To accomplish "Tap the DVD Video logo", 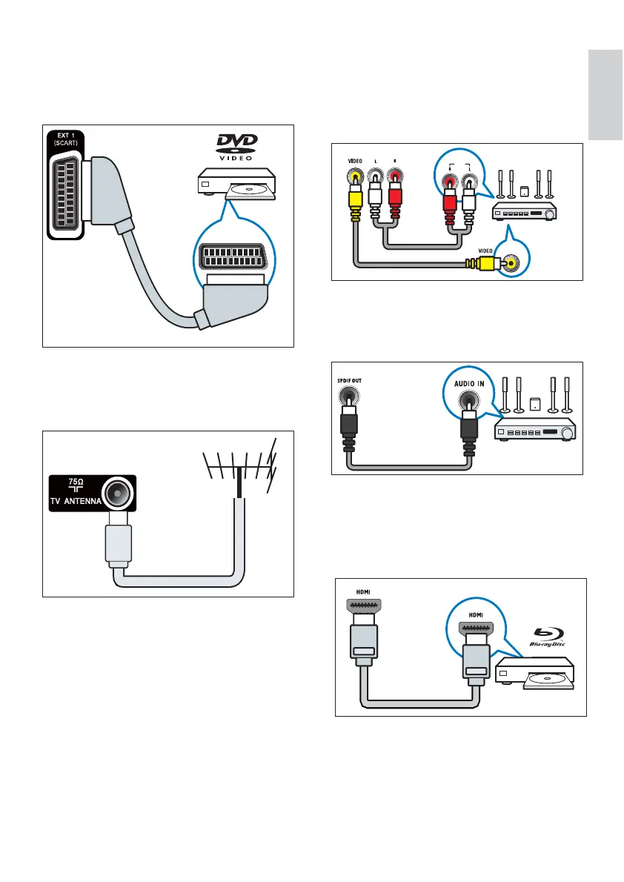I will (x=233, y=145).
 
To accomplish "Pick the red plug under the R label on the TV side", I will (x=394, y=196).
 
